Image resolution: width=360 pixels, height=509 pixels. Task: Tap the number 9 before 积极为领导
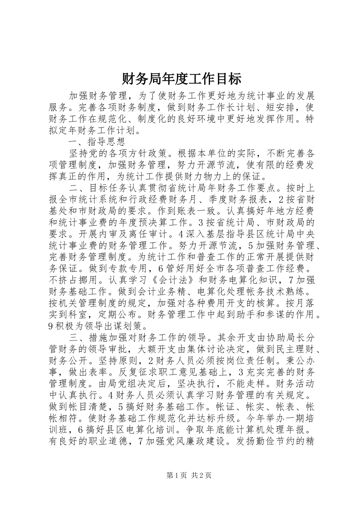(x=52, y=325)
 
